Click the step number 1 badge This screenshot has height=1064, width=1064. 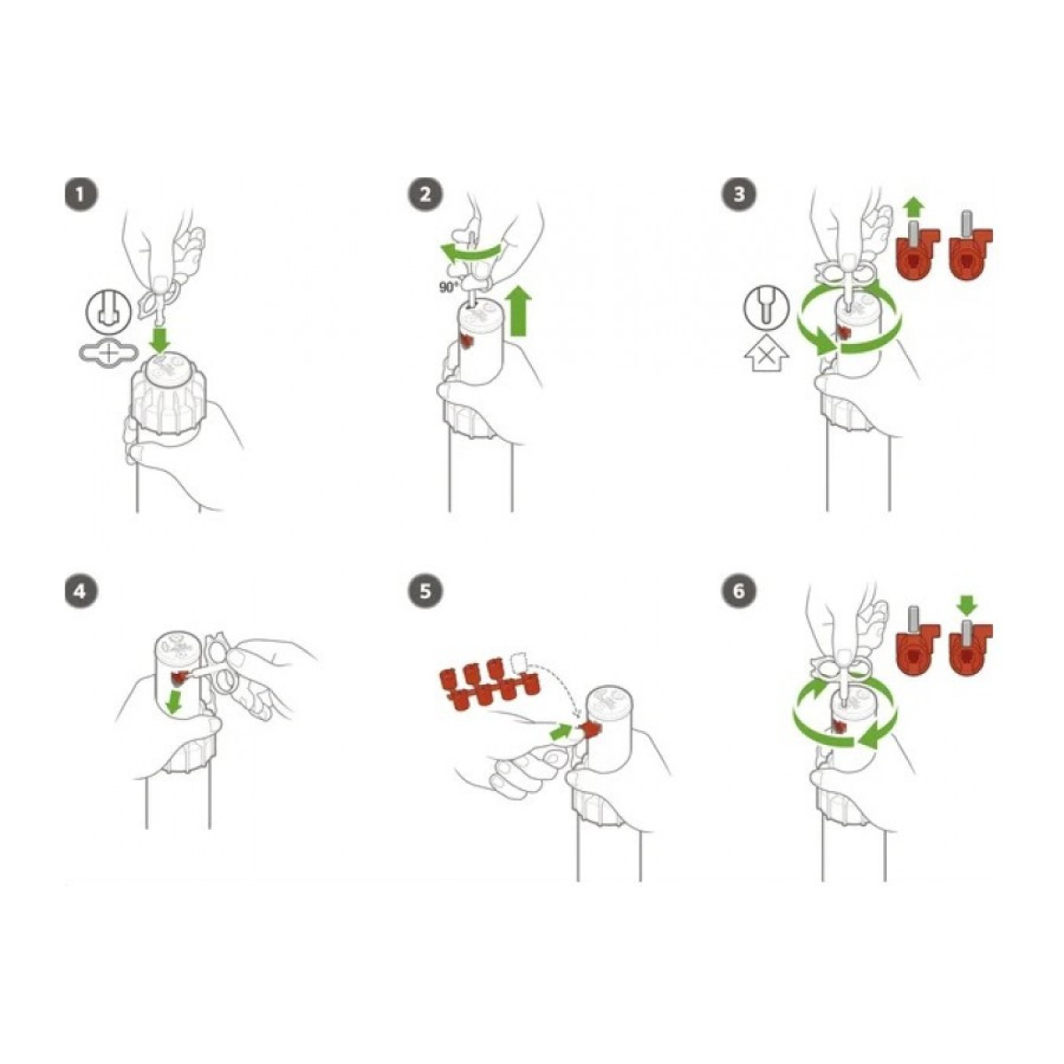81,194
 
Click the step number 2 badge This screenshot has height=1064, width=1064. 425,194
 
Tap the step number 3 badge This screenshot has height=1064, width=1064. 739,194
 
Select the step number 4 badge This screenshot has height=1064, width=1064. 81,591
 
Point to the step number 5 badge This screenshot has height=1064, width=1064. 425,591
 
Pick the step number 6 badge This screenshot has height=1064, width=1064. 739,591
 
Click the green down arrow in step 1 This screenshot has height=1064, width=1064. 160,339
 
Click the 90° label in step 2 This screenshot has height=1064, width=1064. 449,287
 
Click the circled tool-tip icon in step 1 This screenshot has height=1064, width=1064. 108,312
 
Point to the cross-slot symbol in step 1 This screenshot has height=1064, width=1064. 108,352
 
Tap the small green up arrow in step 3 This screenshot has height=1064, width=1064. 914,209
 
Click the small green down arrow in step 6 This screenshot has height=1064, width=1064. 966,606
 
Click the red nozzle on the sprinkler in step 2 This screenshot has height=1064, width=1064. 467,343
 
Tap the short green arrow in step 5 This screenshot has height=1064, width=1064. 563,731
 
